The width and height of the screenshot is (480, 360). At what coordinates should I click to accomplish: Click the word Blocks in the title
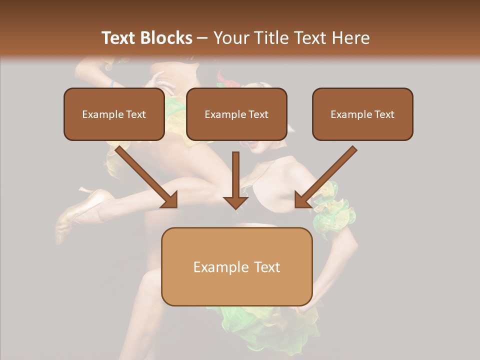pyautogui.click(x=165, y=38)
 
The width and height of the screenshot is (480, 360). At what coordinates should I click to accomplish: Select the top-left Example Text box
pyautogui.click(x=114, y=114)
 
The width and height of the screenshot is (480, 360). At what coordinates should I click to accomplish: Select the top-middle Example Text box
pyautogui.click(x=236, y=114)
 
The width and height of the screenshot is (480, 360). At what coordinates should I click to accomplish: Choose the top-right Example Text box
pyautogui.click(x=362, y=114)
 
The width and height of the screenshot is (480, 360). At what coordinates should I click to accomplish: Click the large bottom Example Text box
pyautogui.click(x=236, y=266)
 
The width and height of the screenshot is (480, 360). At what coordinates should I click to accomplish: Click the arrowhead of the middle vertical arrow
pyautogui.click(x=235, y=202)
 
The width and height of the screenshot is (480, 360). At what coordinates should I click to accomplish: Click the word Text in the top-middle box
pyautogui.click(x=258, y=114)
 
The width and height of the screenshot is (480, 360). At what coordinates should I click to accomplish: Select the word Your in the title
pyautogui.click(x=230, y=38)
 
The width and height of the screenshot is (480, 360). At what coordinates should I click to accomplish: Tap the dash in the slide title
pyautogui.click(x=202, y=38)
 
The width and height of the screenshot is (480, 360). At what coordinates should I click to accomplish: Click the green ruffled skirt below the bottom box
pyautogui.click(x=260, y=325)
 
